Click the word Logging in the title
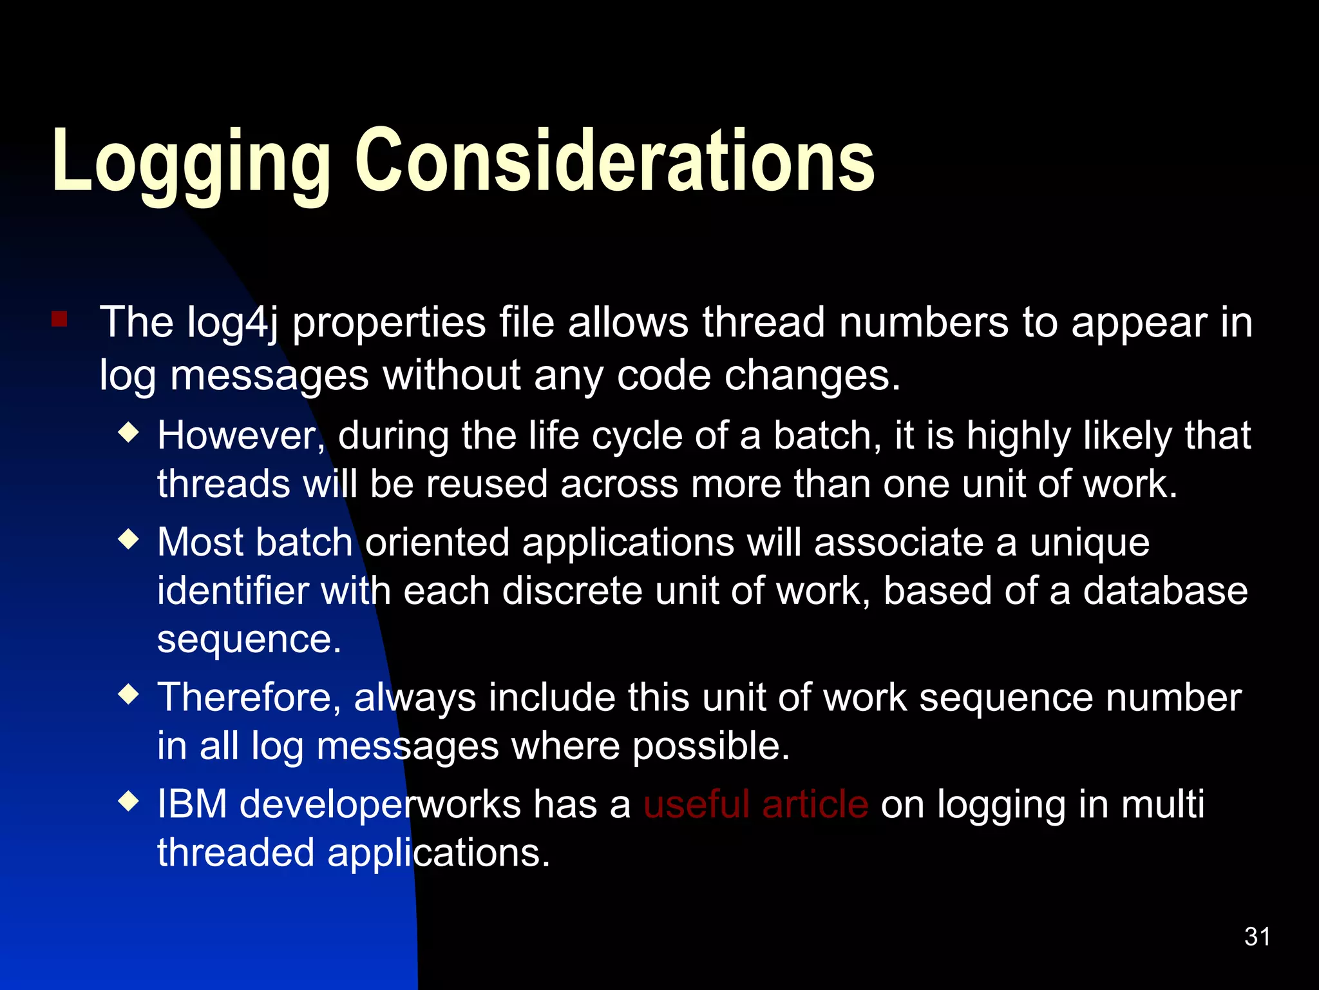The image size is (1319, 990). pyautogui.click(x=191, y=161)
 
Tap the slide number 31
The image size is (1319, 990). pyautogui.click(x=1257, y=937)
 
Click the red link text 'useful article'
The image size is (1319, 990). pyautogui.click(x=755, y=804)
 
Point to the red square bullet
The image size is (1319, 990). pyautogui.click(x=60, y=319)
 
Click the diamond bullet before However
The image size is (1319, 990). pyautogui.click(x=129, y=432)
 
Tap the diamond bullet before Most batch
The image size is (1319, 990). pyautogui.click(x=129, y=539)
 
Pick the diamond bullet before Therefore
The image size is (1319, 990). pyautogui.click(x=129, y=694)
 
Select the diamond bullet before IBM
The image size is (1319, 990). pyautogui.click(x=129, y=801)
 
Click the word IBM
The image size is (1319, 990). pyautogui.click(x=192, y=804)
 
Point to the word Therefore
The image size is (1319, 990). pyautogui.click(x=249, y=698)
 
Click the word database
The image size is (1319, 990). pyautogui.click(x=1165, y=591)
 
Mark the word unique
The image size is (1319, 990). pyautogui.click(x=1089, y=543)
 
